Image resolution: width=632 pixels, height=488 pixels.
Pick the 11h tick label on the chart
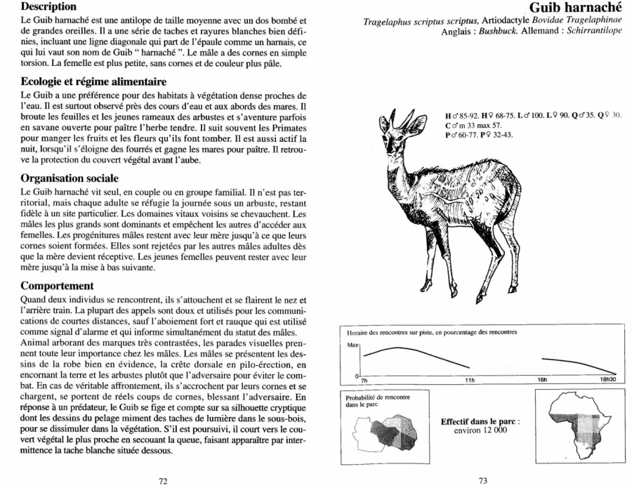[x=470, y=379]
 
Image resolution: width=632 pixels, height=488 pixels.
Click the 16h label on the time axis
[x=543, y=379]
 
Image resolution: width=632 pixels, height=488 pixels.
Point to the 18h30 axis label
[x=609, y=379]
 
